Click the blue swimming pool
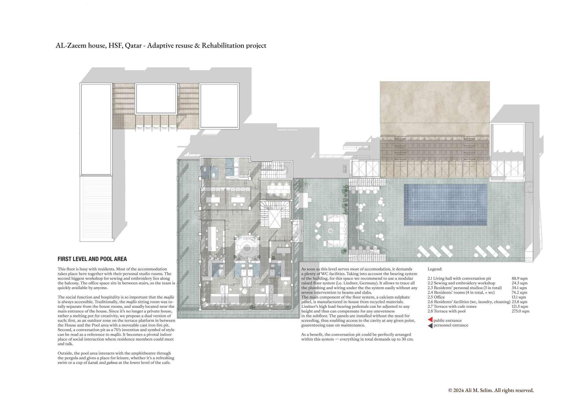point(445,205)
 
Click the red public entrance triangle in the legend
point(430,320)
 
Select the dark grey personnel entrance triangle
point(430,325)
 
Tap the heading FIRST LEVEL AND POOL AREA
point(92,259)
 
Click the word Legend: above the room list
point(435,269)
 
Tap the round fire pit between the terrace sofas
point(331,231)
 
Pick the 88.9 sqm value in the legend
point(519,278)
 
